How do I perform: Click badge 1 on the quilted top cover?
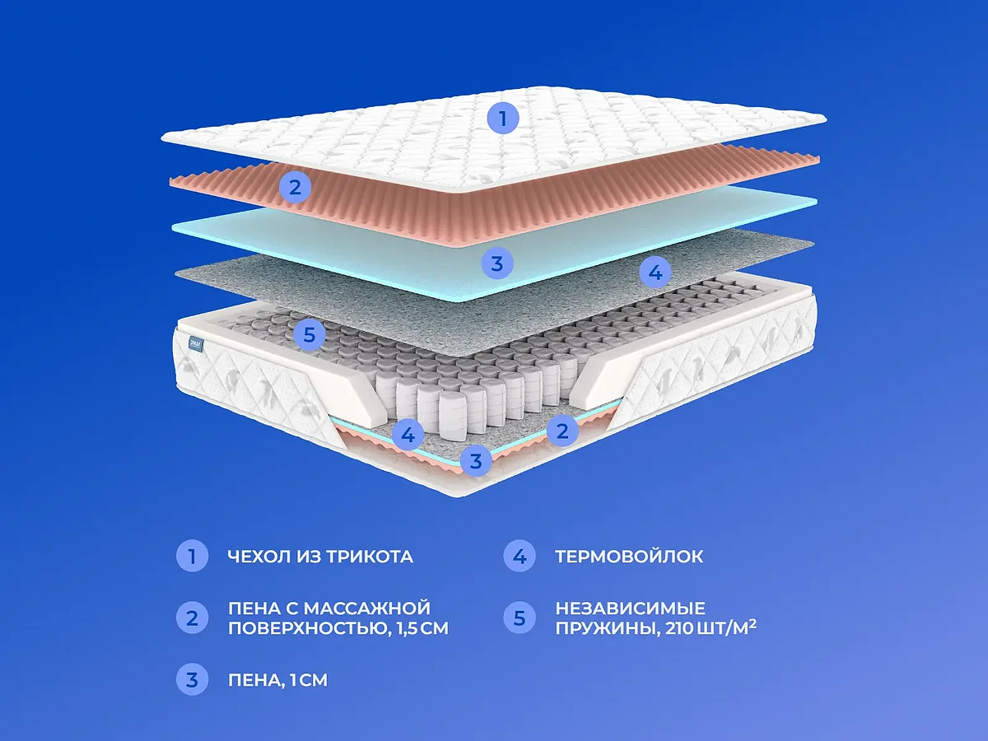tap(503, 118)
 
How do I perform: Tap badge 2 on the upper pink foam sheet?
tap(294, 188)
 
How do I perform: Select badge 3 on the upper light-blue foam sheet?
tap(496, 263)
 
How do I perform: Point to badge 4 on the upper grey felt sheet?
tap(655, 272)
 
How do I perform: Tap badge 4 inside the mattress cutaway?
tap(408, 434)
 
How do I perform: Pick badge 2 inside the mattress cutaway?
tap(562, 430)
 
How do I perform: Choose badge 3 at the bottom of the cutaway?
tap(475, 460)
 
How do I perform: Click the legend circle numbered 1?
tap(192, 557)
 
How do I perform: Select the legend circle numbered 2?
tap(192, 617)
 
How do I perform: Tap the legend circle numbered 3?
tap(192, 680)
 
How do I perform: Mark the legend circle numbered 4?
tap(519, 557)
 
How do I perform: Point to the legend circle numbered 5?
tap(519, 617)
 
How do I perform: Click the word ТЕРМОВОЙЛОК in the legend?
tap(629, 557)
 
